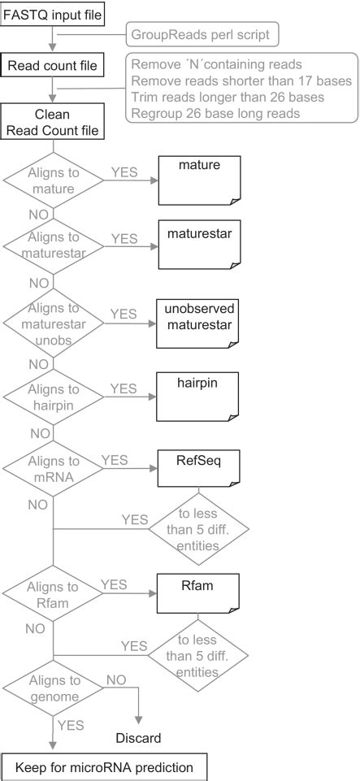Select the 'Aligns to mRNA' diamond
(x=53, y=470)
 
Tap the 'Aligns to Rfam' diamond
(x=53, y=594)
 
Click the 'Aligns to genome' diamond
(x=53, y=688)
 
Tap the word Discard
(x=137, y=738)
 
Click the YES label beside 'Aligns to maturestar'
(x=124, y=239)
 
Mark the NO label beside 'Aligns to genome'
(x=116, y=679)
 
